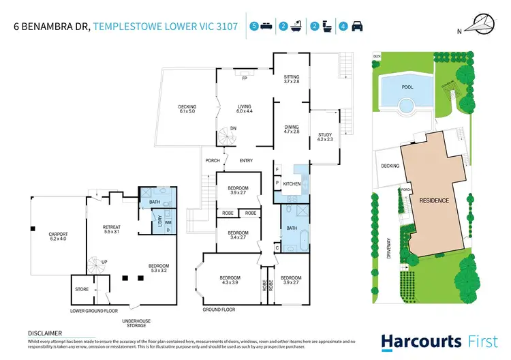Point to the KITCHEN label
coord(292,185)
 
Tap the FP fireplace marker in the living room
coord(243,78)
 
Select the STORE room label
coord(81,290)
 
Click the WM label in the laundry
coord(168,222)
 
